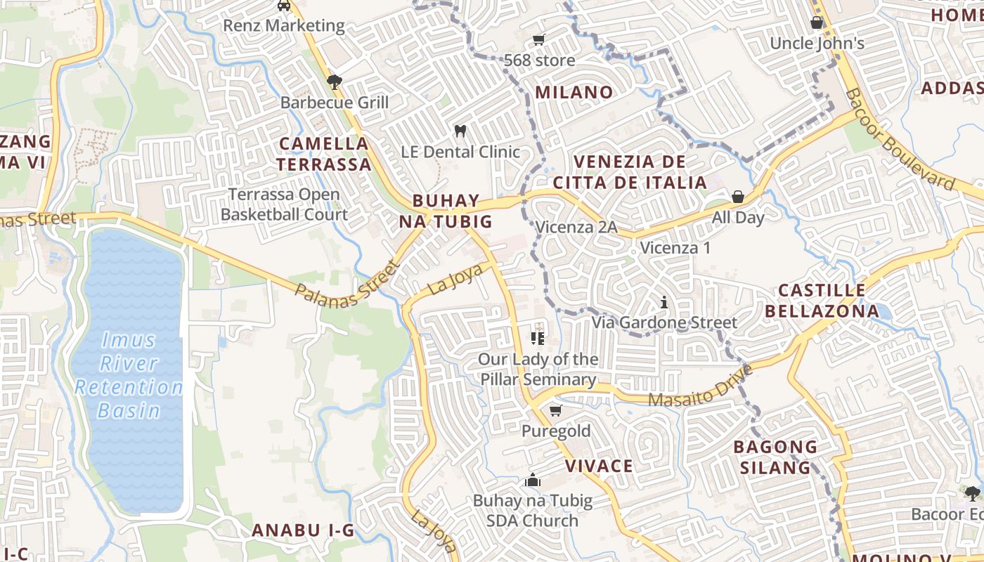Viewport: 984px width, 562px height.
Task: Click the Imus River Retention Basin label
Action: pos(129,376)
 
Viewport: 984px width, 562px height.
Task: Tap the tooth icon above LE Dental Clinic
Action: pos(460,131)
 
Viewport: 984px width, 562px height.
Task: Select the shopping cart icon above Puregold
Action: pos(556,410)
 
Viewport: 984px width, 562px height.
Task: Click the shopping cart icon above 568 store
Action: pos(539,39)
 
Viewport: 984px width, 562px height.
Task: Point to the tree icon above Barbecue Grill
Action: pos(335,82)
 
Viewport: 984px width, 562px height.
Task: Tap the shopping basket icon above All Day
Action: pos(738,197)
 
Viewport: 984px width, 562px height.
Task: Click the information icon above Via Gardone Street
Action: pos(664,303)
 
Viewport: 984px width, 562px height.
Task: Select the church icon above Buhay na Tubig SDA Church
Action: pos(533,481)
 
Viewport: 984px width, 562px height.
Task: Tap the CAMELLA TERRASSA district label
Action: pos(323,154)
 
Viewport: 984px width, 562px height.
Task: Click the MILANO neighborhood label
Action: pos(574,92)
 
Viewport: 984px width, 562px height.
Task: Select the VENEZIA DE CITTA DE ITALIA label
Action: pos(630,172)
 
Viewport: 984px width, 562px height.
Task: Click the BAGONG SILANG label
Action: pos(775,457)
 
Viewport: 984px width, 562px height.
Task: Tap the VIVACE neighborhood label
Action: pos(599,466)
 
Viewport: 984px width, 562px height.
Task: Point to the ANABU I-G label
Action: pos(303,530)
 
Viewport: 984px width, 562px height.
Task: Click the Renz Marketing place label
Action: pos(284,26)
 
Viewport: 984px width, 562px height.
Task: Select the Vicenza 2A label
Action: pos(576,228)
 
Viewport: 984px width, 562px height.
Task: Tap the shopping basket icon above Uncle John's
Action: pos(817,22)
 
